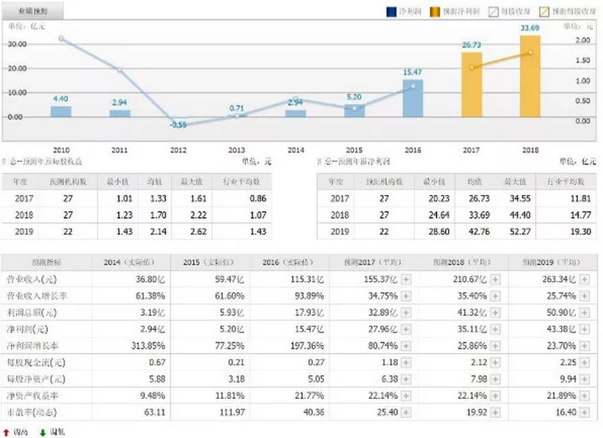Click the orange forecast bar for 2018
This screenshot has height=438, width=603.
[x=530, y=76]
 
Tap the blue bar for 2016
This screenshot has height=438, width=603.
[x=413, y=99]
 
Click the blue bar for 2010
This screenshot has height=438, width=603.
[x=61, y=111]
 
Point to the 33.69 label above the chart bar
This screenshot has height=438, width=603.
[x=530, y=28]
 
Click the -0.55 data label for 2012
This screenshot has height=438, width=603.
[x=179, y=125]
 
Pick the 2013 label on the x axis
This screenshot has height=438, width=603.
[x=237, y=149]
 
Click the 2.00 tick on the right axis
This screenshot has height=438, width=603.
[x=583, y=40]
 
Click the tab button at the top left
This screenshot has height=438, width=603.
[x=33, y=11]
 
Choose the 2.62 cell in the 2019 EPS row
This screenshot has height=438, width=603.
[x=192, y=231]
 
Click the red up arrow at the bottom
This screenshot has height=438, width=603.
[x=6, y=431]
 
